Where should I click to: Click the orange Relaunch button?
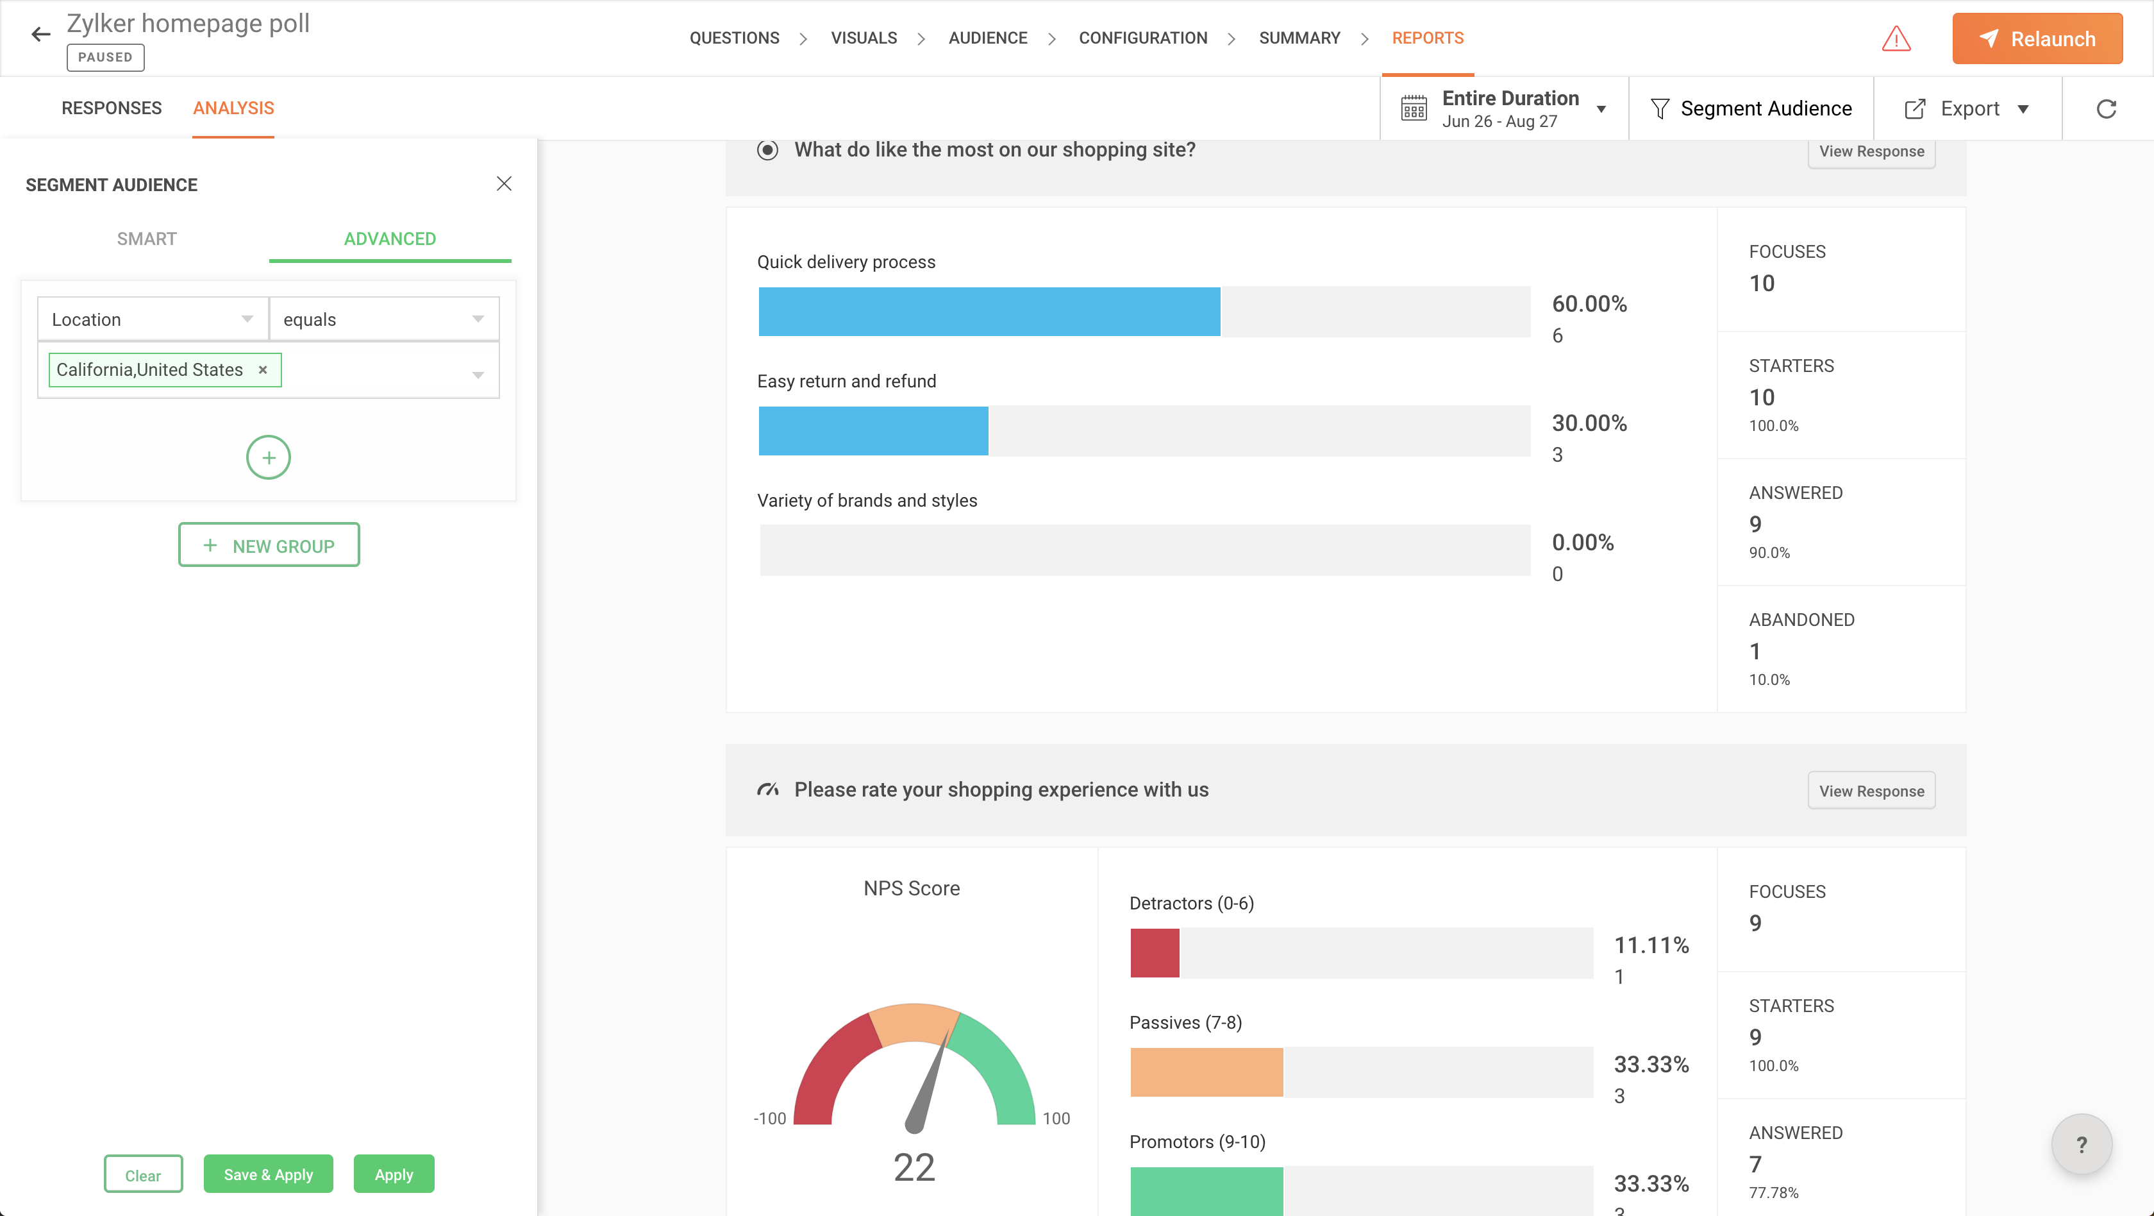2036,38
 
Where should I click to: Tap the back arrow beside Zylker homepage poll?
40,34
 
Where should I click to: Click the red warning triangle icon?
1896,38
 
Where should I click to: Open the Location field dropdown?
152,319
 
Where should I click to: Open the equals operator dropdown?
384,319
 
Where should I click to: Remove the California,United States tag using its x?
263,369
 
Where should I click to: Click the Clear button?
143,1174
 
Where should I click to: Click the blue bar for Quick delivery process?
989,311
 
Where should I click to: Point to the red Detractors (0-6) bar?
1154,952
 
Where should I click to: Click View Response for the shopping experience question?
1871,790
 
